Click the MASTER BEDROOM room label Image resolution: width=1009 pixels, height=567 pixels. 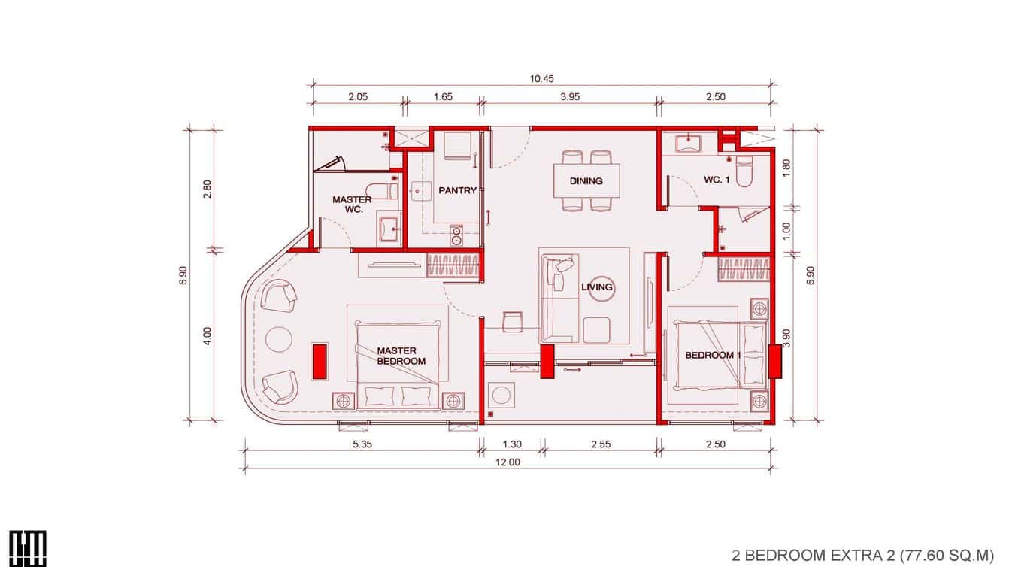click(401, 356)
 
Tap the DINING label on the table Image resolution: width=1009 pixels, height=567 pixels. click(586, 181)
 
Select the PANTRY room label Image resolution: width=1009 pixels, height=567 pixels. click(457, 190)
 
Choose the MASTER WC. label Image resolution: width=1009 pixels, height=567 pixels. click(352, 205)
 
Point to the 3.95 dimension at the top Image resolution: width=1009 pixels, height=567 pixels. click(569, 97)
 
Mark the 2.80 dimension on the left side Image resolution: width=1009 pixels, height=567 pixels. click(207, 189)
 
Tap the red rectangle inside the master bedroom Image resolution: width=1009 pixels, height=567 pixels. click(320, 361)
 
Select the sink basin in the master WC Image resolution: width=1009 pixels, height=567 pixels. click(388, 226)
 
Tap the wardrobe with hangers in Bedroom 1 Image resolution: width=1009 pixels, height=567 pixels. click(744, 269)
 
